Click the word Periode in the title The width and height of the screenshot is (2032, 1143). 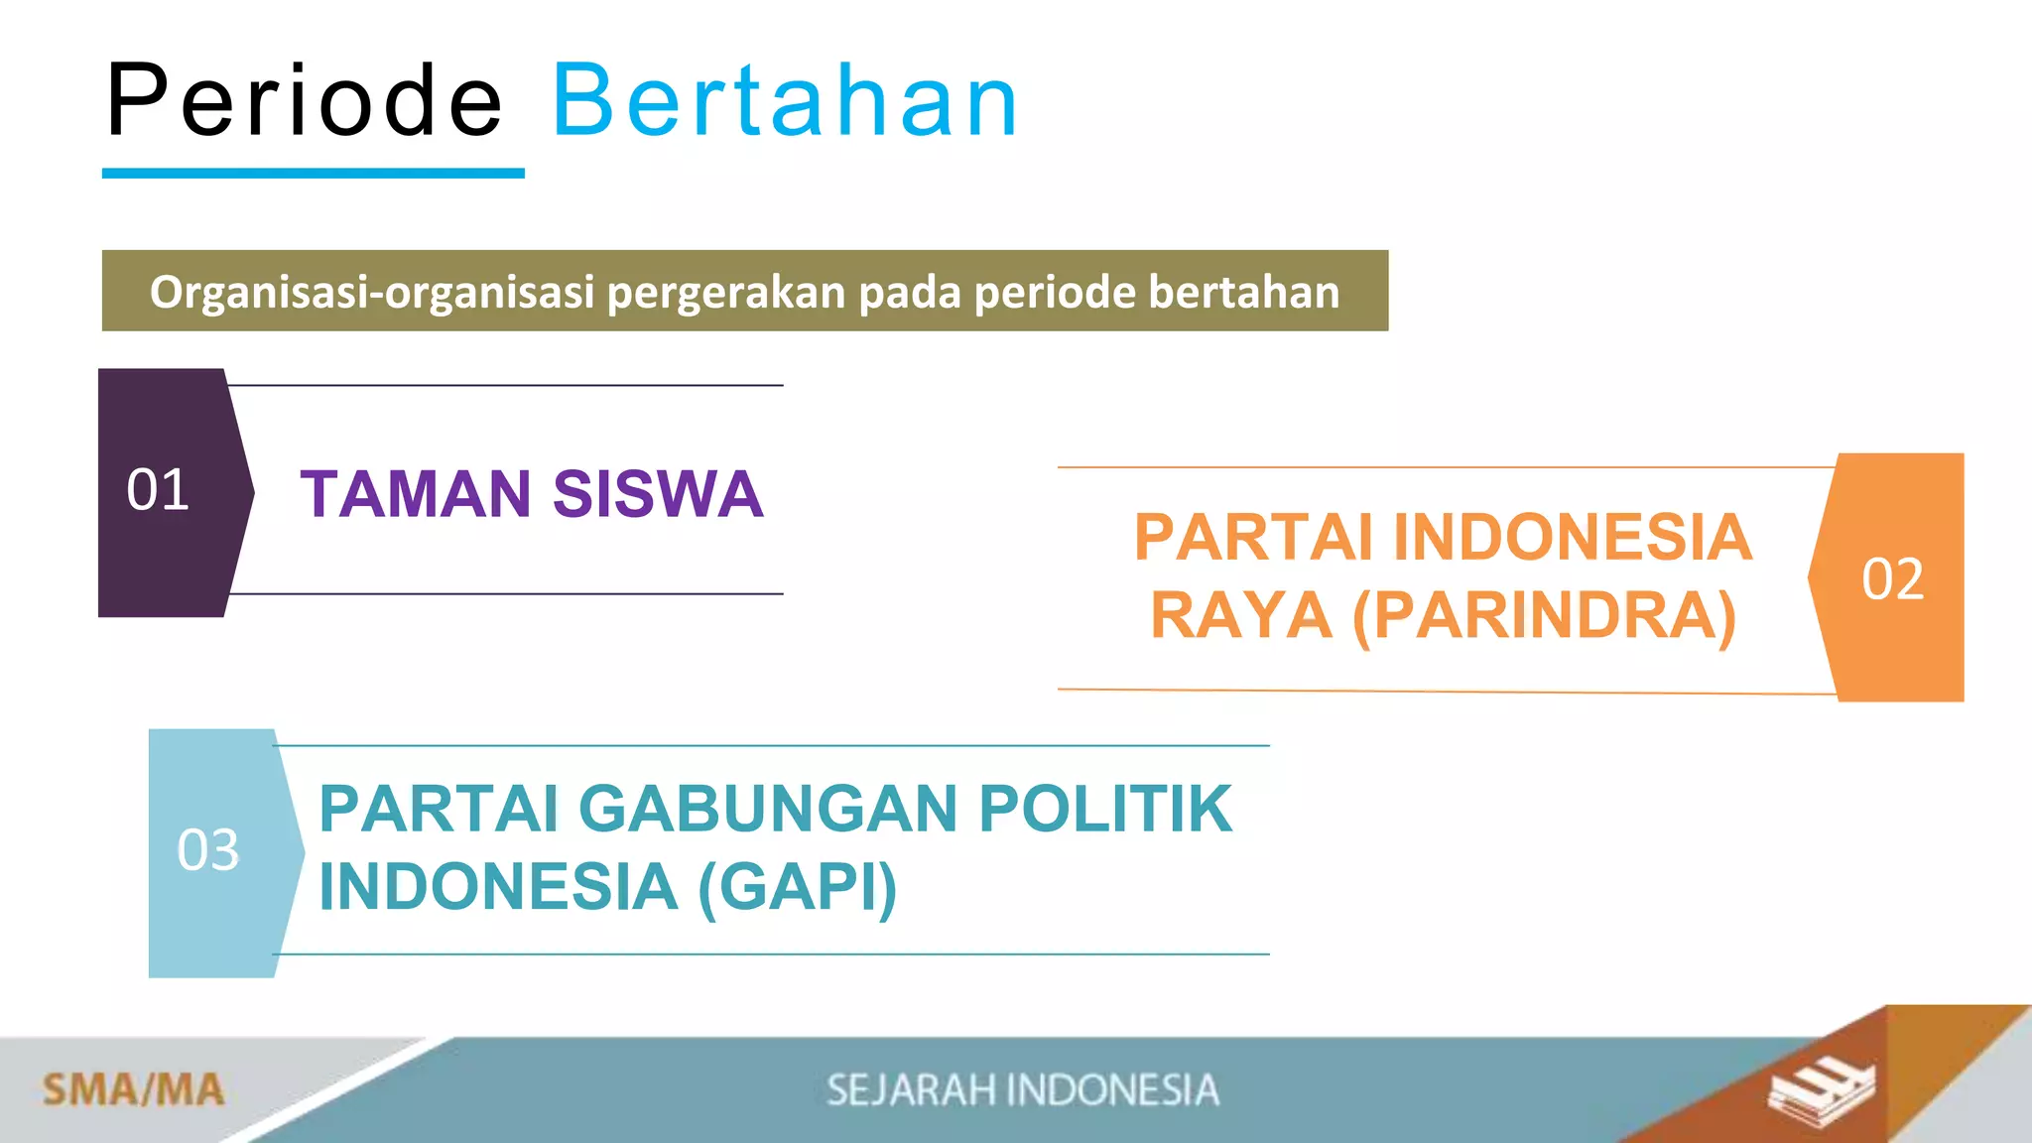tap(305, 100)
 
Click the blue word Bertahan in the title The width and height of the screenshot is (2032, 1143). tap(785, 100)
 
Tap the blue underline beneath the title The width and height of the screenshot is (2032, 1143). tap(313, 174)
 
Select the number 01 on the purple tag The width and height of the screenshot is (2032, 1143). tap(158, 490)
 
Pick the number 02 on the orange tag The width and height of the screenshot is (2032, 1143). tap(1892, 578)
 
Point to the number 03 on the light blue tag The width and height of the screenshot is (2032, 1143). tap(208, 850)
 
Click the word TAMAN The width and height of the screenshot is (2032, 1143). tap(416, 494)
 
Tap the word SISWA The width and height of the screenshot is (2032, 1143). tap(658, 494)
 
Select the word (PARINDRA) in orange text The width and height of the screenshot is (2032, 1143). tap(1544, 616)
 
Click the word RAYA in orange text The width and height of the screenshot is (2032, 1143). tap(1241, 616)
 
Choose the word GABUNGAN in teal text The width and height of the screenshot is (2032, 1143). tap(768, 809)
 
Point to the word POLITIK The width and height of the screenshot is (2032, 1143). tap(1105, 809)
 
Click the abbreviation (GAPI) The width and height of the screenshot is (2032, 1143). tap(798, 887)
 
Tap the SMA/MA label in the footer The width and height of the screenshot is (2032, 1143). tap(133, 1089)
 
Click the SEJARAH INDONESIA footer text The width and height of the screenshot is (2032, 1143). tap(1022, 1089)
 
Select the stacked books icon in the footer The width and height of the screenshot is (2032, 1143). tap(1821, 1091)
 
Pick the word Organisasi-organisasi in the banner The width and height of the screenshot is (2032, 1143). tap(372, 293)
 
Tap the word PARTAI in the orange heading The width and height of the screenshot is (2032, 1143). tap(1253, 538)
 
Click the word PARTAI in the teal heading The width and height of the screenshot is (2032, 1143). tap(438, 809)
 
